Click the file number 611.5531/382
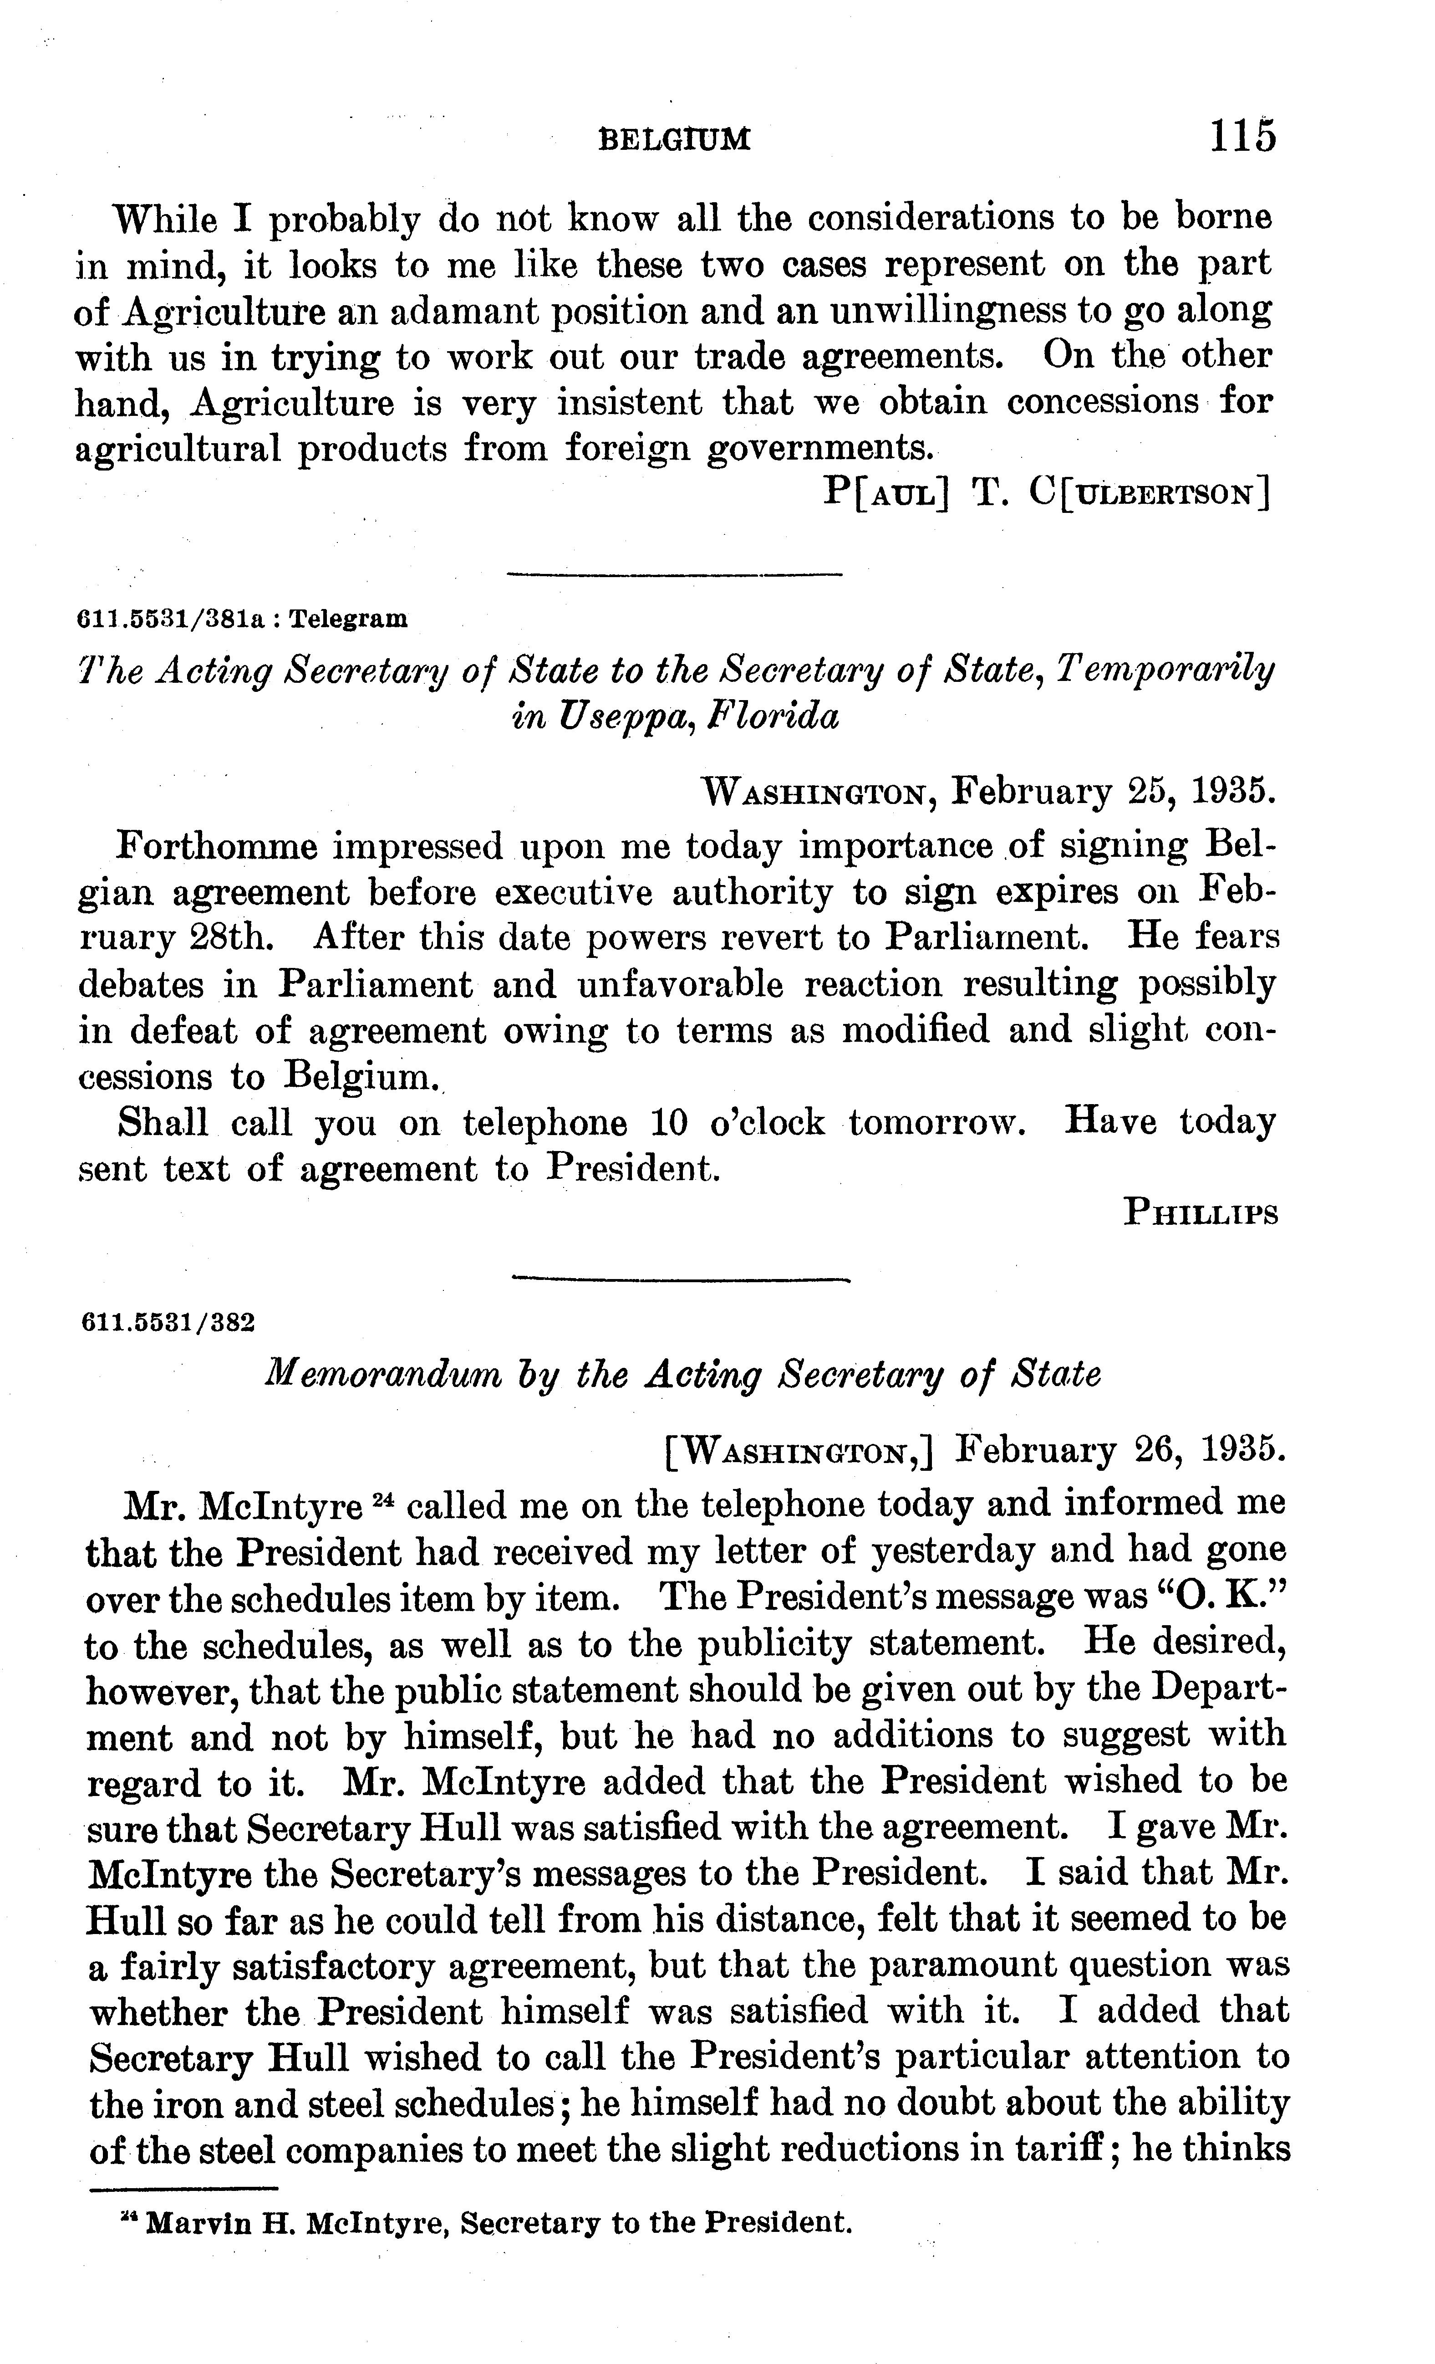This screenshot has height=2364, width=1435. (169, 1323)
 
